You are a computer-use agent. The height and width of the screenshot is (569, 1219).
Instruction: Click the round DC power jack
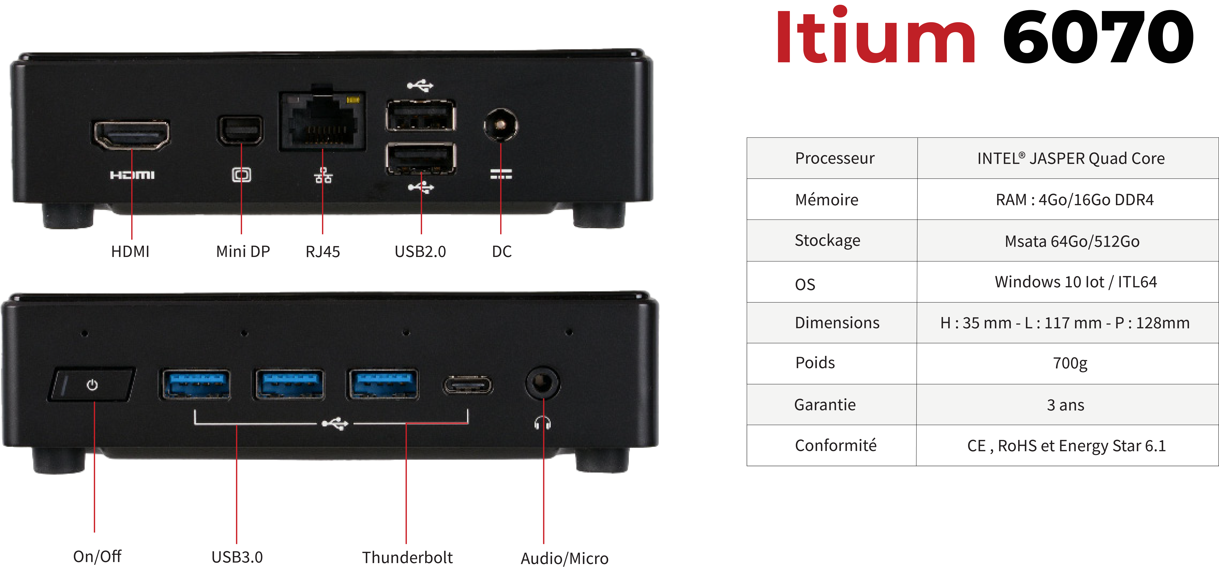(x=501, y=125)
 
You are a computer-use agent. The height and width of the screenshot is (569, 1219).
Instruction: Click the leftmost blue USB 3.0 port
(x=196, y=384)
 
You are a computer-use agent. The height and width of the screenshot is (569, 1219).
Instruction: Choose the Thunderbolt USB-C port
(x=468, y=385)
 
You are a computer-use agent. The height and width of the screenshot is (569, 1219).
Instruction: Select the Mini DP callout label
(x=243, y=251)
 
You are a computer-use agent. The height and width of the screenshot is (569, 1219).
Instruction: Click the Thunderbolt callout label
(x=407, y=557)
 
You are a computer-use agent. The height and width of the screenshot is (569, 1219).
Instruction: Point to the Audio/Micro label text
(x=565, y=558)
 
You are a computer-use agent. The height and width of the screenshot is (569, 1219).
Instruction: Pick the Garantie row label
(x=825, y=405)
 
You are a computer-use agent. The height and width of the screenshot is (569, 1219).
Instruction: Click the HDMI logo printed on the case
(x=132, y=175)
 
